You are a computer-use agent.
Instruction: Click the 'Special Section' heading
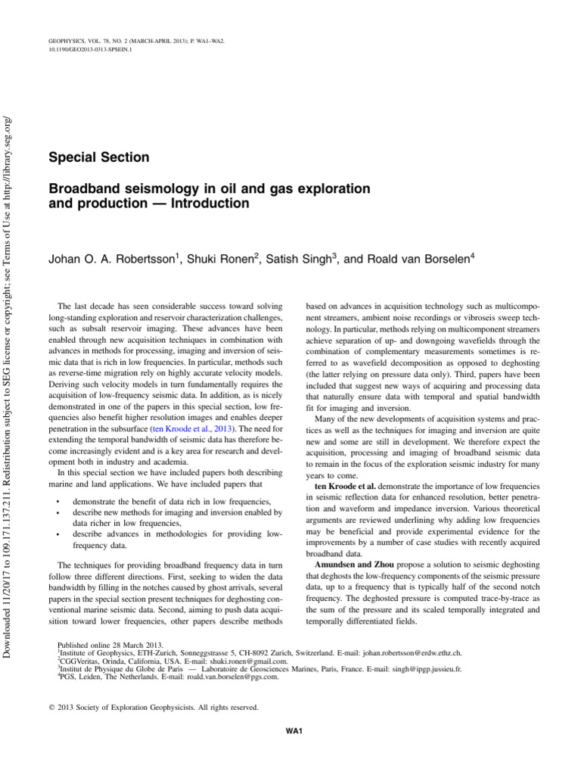[98, 158]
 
